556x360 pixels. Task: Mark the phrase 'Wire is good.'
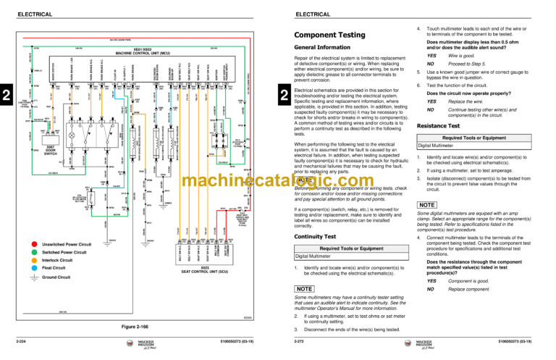click(463, 55)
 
